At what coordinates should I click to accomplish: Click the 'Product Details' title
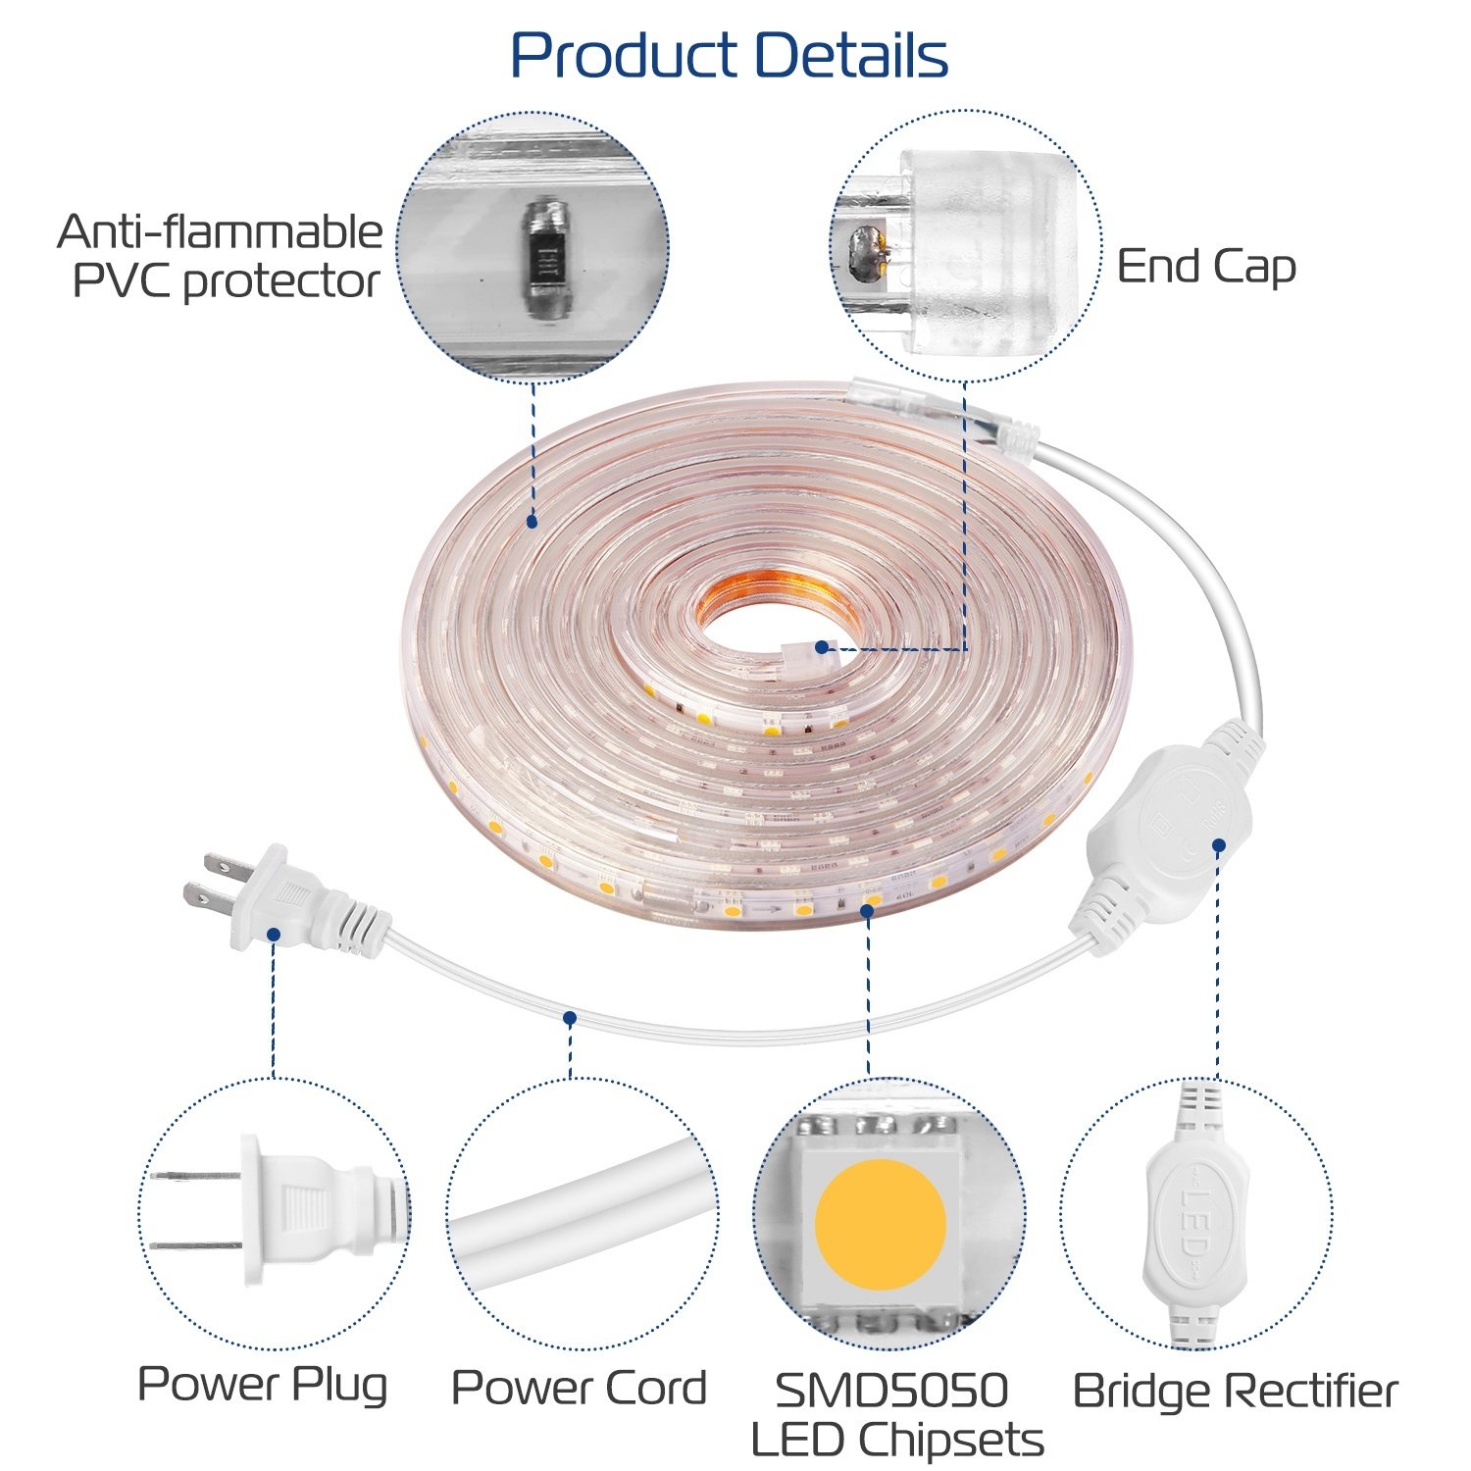click(x=730, y=55)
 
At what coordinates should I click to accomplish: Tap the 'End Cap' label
click(x=1206, y=267)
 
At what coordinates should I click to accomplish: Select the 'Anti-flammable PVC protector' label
click(x=221, y=257)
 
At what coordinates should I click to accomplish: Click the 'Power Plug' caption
click(x=262, y=1385)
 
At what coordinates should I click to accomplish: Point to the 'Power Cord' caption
click(x=579, y=1388)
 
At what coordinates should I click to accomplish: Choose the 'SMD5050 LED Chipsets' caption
click(x=895, y=1415)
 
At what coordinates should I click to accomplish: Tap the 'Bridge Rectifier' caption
click(x=1235, y=1391)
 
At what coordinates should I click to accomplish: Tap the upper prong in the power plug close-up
click(x=196, y=1175)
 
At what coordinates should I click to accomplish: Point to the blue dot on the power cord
click(x=570, y=1018)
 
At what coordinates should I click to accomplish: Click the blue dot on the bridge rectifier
click(x=1218, y=844)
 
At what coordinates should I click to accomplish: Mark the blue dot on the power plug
click(x=274, y=935)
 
